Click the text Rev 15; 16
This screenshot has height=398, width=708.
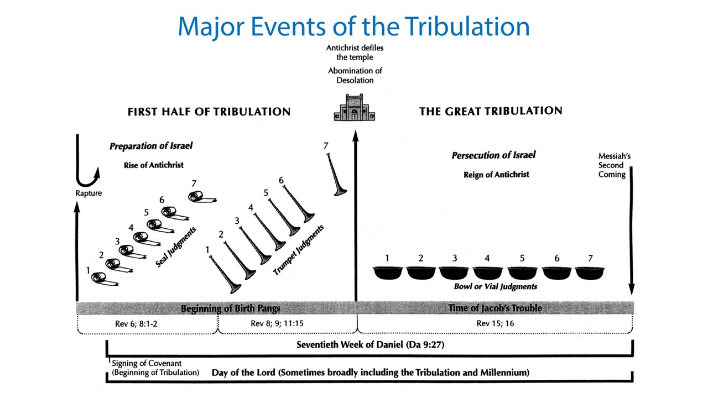(x=495, y=323)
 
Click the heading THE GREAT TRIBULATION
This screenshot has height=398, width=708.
(x=491, y=111)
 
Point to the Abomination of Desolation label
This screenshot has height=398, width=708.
(x=355, y=76)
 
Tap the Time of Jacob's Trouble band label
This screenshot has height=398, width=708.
(x=495, y=308)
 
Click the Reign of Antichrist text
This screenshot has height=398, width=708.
(x=496, y=175)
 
